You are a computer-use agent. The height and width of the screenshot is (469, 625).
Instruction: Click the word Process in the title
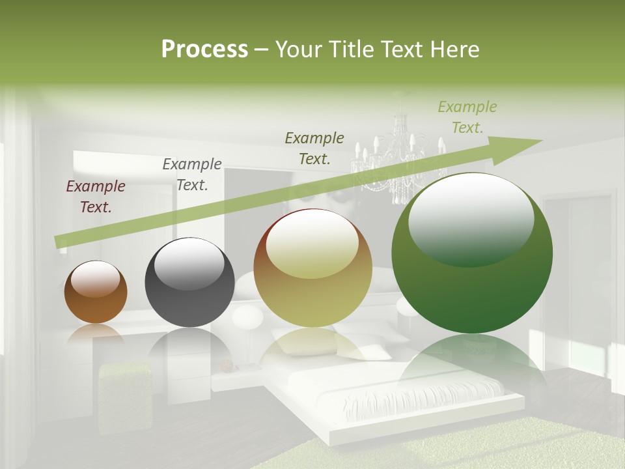coord(204,50)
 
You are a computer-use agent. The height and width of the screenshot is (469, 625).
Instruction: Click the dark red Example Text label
coord(96,197)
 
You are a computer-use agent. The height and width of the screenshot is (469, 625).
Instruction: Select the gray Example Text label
coord(192,175)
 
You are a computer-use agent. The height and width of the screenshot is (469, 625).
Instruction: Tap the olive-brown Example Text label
coord(314,148)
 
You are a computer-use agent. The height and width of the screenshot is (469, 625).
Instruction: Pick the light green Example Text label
coord(467,117)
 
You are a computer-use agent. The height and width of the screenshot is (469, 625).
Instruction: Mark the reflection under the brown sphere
coord(96,334)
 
